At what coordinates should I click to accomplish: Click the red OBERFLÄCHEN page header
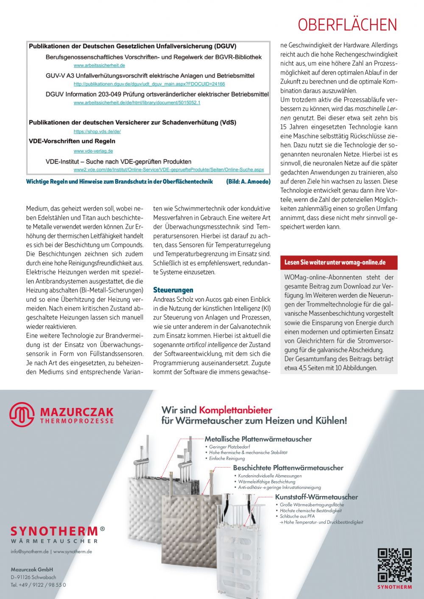click(x=347, y=25)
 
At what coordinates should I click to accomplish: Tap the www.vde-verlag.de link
click(x=93, y=151)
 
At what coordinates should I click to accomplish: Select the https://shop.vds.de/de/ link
click(x=97, y=132)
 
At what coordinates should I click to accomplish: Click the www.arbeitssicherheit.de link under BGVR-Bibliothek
click(x=99, y=66)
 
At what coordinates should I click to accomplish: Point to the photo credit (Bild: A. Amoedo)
click(x=248, y=182)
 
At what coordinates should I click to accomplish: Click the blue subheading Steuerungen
click(x=173, y=290)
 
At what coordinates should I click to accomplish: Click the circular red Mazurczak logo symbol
click(x=22, y=414)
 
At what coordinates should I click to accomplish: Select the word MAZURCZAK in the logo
click(x=77, y=412)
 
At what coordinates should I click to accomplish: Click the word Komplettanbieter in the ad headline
click(x=235, y=410)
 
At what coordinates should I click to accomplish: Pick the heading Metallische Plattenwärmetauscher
click(x=258, y=439)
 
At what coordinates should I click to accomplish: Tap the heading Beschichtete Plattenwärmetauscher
click(x=288, y=468)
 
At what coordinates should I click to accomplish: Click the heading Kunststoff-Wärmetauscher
click(x=316, y=497)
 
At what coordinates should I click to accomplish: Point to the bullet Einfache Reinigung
click(x=227, y=458)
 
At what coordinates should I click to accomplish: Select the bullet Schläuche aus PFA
click(x=297, y=516)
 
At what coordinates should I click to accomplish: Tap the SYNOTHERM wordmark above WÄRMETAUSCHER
click(x=54, y=531)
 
